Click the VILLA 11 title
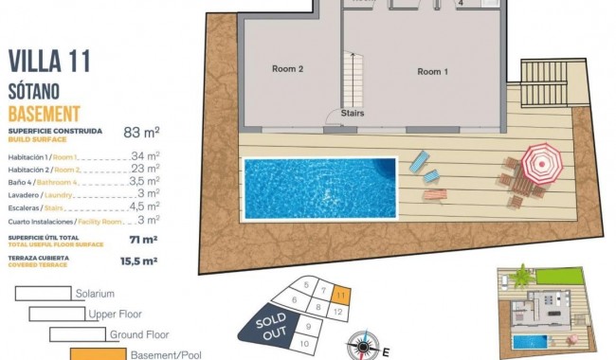(x=49, y=63)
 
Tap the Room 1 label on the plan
(x=432, y=71)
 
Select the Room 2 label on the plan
(x=287, y=68)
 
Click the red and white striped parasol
(x=542, y=163)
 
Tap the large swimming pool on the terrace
(x=320, y=185)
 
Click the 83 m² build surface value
(x=141, y=133)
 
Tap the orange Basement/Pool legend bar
(x=98, y=354)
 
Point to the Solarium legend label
(x=95, y=294)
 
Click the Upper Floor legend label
(x=115, y=314)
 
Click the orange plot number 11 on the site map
(x=341, y=296)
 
